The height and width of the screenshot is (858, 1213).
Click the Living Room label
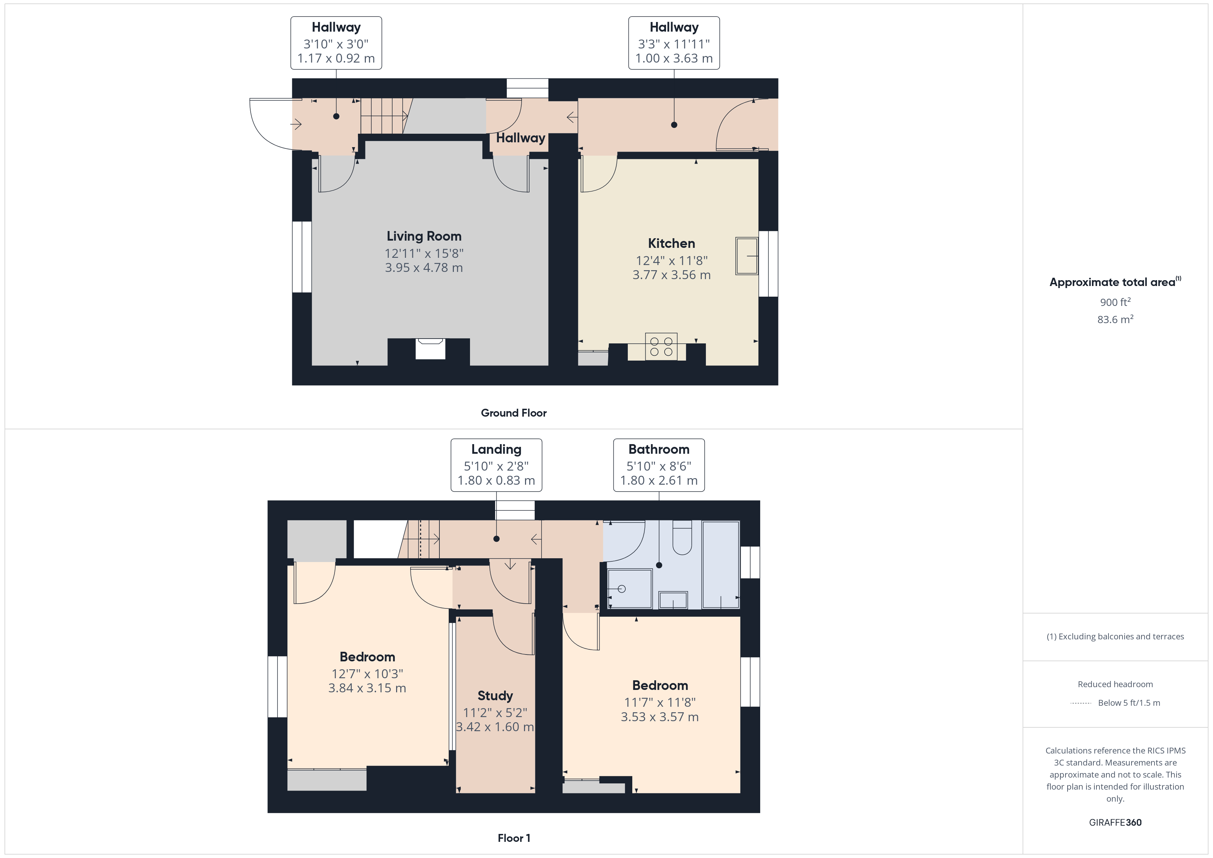click(x=424, y=236)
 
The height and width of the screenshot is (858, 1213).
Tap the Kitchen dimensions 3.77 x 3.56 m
click(x=671, y=275)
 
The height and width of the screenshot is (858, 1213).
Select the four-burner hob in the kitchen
click(x=661, y=346)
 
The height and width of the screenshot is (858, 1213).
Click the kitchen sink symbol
click(x=746, y=256)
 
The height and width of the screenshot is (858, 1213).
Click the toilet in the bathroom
click(x=682, y=538)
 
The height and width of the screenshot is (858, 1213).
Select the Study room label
click(x=495, y=695)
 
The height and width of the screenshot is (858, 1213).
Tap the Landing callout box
click(x=496, y=465)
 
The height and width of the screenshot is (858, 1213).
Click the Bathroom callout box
click(x=659, y=465)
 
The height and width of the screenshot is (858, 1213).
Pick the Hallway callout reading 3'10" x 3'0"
click(x=336, y=43)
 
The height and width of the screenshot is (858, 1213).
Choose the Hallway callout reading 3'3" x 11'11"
click(x=674, y=43)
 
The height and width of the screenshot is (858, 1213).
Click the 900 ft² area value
click(x=1115, y=302)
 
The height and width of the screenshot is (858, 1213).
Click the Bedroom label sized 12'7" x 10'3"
click(x=367, y=657)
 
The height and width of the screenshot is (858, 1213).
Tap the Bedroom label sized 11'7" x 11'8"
click(x=660, y=685)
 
